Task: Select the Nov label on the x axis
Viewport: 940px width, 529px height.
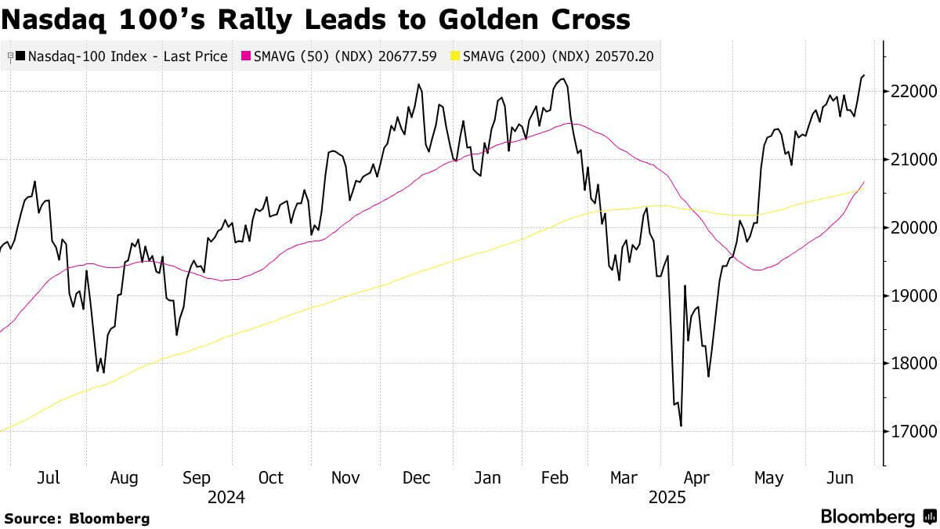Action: (345, 478)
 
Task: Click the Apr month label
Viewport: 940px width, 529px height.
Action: (696, 478)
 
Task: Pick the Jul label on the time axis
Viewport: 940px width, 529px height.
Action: (49, 478)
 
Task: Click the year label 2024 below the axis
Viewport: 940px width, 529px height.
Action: (226, 498)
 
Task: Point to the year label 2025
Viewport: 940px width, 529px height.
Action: (667, 498)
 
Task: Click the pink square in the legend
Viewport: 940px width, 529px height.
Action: (246, 56)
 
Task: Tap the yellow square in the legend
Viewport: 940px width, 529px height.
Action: (455, 56)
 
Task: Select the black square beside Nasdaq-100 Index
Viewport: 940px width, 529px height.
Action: (20, 56)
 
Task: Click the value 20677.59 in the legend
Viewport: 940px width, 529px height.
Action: (410, 56)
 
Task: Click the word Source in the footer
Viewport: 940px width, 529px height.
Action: (32, 518)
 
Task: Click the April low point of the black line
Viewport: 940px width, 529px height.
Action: (681, 426)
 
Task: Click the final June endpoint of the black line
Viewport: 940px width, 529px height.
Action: (864, 75)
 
